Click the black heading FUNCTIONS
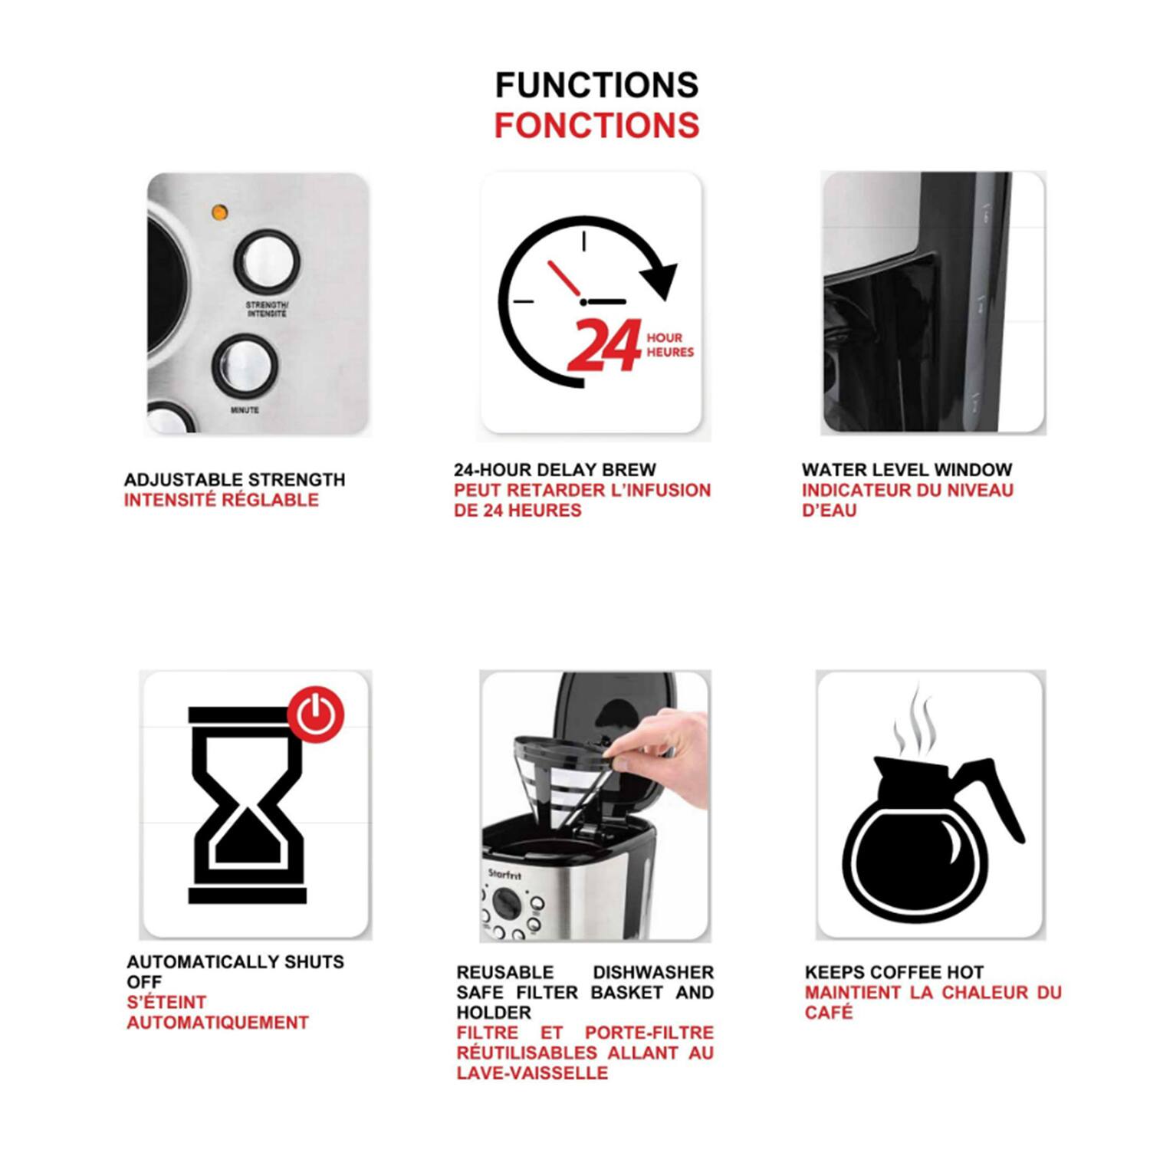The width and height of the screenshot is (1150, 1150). [596, 85]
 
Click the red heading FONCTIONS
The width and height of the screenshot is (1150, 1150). [596, 126]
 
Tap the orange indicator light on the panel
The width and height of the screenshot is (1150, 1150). [219, 212]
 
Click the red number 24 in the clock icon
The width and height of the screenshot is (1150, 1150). [605, 346]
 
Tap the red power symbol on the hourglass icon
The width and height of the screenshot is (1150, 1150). [316, 715]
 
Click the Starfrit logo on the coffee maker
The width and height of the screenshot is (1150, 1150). [504, 875]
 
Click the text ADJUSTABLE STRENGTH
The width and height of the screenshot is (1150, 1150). [235, 480]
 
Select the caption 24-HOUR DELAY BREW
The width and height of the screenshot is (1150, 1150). [554, 470]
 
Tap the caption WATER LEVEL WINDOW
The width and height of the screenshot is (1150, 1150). [907, 470]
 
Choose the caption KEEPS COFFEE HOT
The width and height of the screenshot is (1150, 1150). [894, 972]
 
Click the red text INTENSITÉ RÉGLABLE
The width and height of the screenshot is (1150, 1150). [221, 500]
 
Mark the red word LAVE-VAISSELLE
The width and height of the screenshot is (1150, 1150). [532, 1073]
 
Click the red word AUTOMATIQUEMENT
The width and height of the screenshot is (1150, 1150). [218, 1023]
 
